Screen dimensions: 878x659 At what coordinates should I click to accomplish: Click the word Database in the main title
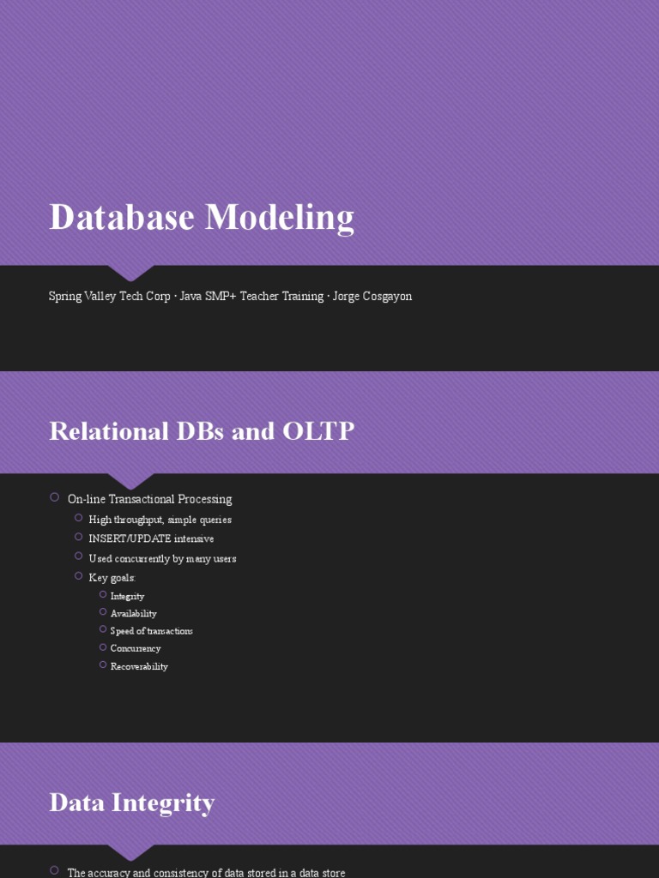(121, 217)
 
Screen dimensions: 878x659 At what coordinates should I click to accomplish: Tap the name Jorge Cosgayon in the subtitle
(372, 297)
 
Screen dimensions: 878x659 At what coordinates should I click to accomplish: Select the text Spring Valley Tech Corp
(109, 297)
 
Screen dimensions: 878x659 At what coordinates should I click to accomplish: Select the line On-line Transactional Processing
(149, 499)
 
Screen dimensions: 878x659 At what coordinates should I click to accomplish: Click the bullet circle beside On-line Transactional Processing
(54, 497)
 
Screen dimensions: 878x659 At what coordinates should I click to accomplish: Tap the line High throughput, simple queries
(160, 520)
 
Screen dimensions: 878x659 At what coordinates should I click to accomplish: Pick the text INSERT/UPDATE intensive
(151, 538)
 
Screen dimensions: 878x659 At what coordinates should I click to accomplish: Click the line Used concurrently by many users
(162, 558)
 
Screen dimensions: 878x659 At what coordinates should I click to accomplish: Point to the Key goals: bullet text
(112, 578)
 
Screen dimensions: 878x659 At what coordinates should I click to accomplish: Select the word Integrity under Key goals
(127, 596)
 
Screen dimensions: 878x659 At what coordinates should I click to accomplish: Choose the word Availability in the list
(133, 614)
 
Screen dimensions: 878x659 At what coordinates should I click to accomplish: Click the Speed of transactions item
(151, 631)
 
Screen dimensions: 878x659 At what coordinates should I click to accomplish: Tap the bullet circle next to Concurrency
(102, 647)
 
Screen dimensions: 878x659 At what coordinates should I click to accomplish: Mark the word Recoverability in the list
(139, 666)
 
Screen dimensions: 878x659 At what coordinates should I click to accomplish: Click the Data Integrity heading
(131, 803)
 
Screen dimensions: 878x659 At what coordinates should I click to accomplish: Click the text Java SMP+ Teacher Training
(251, 297)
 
